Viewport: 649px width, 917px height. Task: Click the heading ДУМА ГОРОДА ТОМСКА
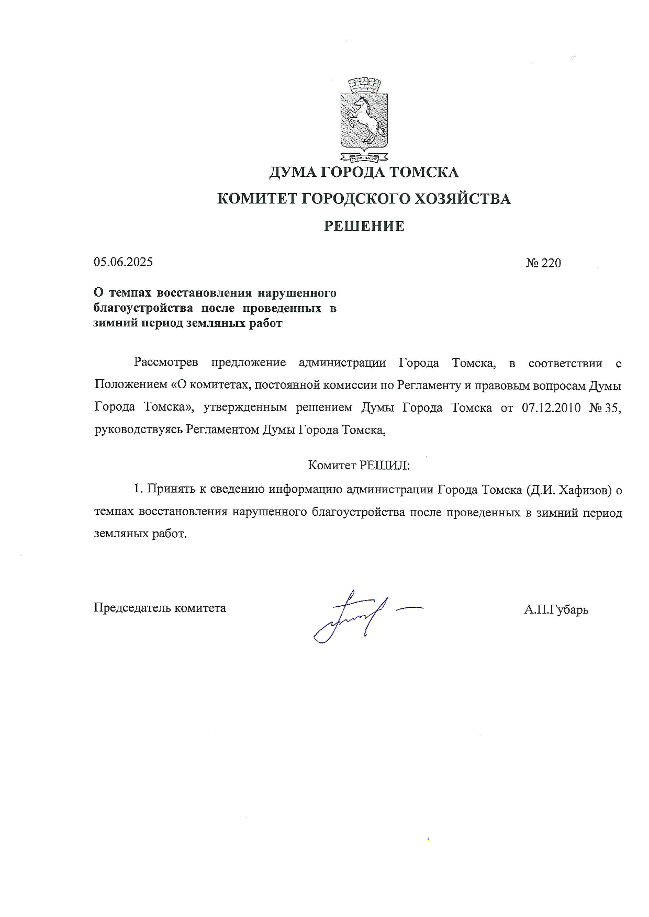click(364, 172)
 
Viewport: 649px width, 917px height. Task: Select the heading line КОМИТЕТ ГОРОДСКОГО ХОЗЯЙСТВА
click(364, 199)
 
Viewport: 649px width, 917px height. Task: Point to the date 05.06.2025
click(124, 262)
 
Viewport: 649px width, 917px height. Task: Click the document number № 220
click(543, 263)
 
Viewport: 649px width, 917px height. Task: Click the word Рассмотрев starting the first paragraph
click(165, 363)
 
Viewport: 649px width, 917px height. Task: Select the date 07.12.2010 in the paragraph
click(551, 408)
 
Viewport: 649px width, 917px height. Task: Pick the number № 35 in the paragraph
click(605, 408)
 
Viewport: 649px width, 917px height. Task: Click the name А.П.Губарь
click(556, 609)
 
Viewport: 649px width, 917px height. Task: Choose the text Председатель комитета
click(160, 608)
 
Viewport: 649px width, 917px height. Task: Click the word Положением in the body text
click(130, 386)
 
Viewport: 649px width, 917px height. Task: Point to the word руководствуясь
click(138, 430)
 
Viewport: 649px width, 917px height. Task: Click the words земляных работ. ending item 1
click(140, 534)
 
